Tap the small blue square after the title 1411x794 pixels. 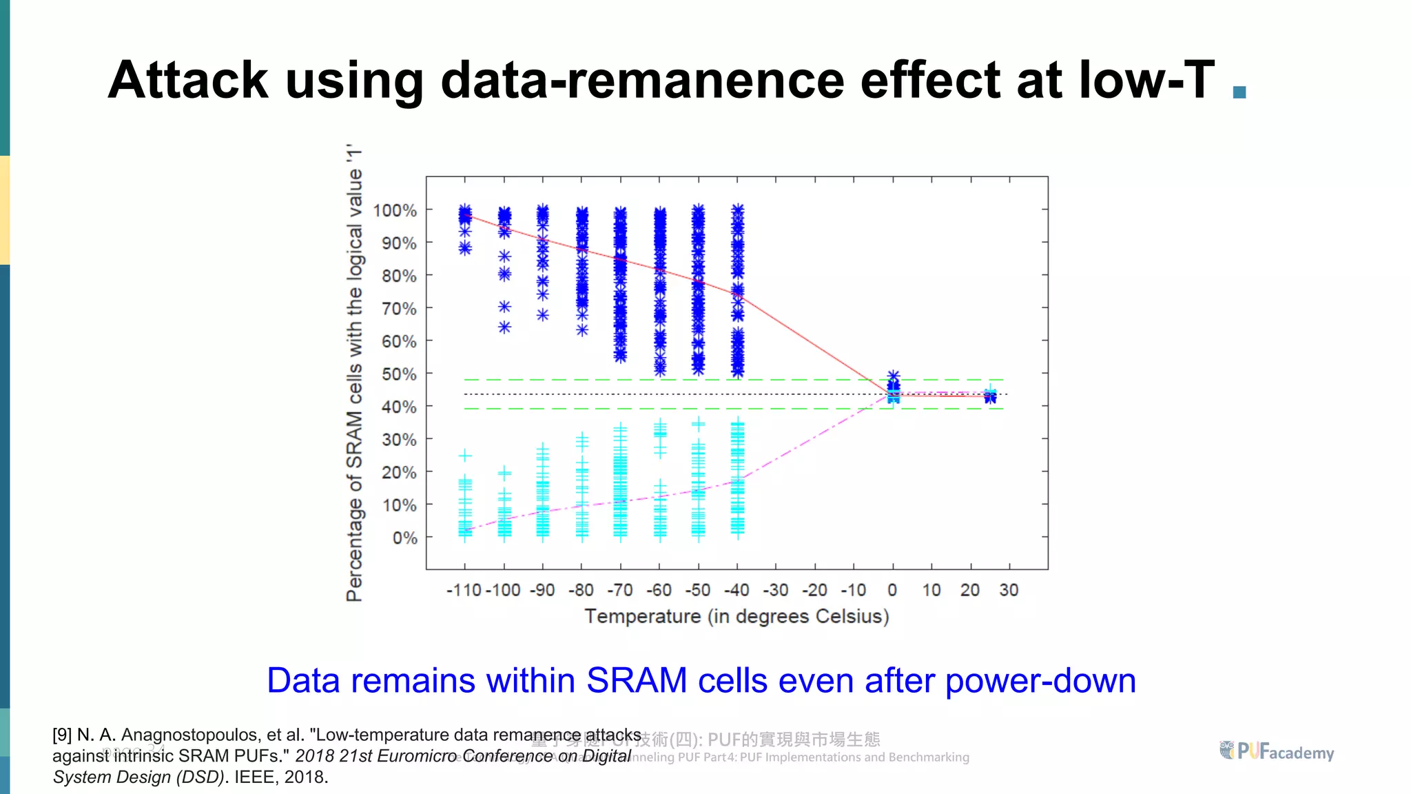click(1239, 92)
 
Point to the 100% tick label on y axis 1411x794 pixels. click(395, 210)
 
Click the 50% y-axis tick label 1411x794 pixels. click(399, 374)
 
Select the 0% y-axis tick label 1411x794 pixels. click(404, 538)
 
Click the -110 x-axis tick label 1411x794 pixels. click(464, 590)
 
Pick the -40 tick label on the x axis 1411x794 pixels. click(737, 590)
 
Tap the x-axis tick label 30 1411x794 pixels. click(1009, 590)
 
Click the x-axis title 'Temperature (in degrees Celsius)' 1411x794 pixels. click(737, 615)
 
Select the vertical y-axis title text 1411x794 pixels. click(354, 372)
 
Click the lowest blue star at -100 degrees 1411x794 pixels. click(505, 327)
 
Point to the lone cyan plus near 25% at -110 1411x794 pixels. click(465, 456)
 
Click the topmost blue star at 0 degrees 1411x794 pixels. click(893, 376)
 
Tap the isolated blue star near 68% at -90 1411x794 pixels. click(543, 315)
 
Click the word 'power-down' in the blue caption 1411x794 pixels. click(1040, 680)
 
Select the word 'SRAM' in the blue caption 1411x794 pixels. click(637, 680)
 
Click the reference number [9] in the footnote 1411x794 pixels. click(62, 735)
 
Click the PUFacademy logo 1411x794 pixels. click(1276, 751)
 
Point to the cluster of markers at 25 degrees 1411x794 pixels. click(990, 396)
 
